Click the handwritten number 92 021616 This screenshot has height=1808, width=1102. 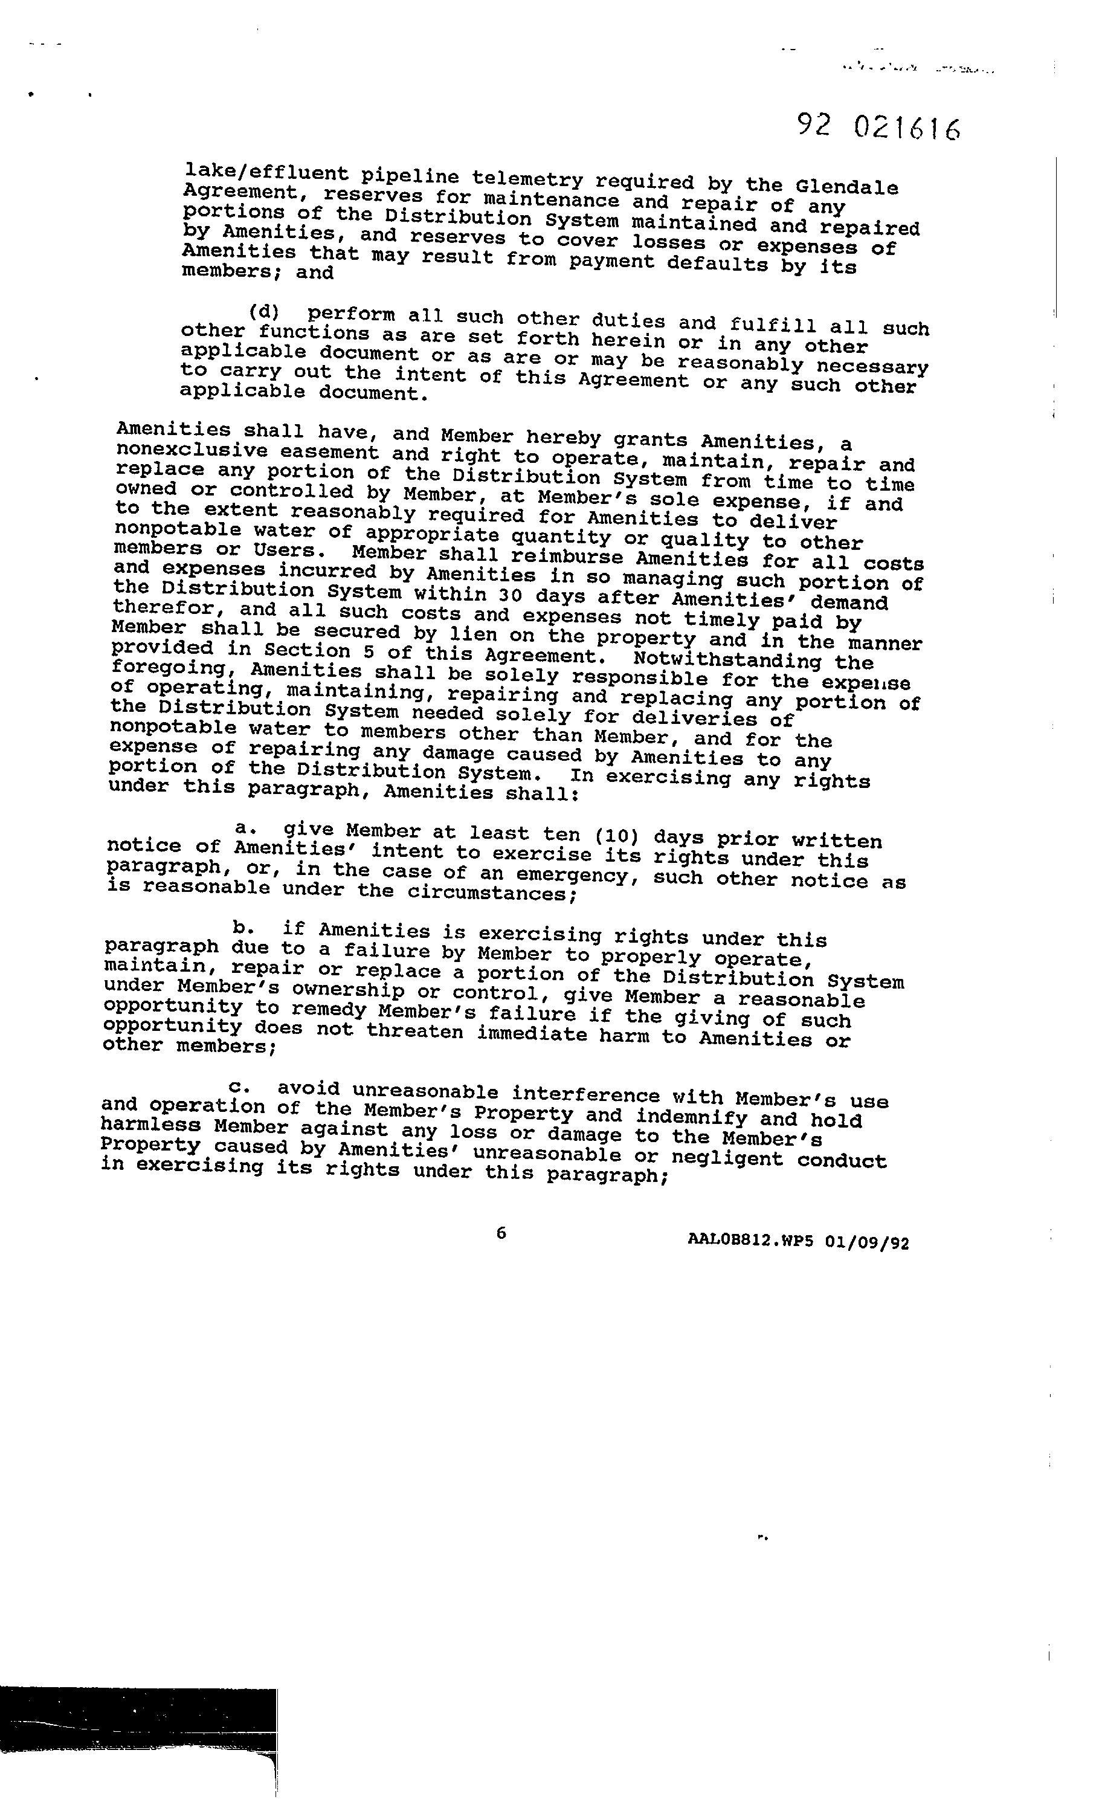pyautogui.click(x=878, y=128)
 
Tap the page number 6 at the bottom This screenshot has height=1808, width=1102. pyautogui.click(x=501, y=1233)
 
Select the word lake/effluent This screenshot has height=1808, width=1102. pyautogui.click(x=266, y=173)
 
